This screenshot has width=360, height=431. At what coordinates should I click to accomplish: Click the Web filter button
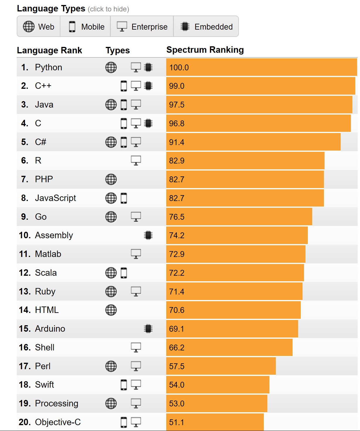pyautogui.click(x=39, y=27)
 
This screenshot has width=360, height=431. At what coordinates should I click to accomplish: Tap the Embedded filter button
pyautogui.click(x=206, y=27)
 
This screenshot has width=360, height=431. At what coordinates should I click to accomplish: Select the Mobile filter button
pyautogui.click(x=86, y=27)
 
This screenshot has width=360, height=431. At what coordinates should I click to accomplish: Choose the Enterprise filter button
pyautogui.click(x=142, y=27)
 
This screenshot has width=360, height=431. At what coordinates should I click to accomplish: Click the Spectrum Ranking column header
pyautogui.click(x=205, y=50)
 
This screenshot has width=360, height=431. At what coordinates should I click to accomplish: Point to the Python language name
pyautogui.click(x=48, y=67)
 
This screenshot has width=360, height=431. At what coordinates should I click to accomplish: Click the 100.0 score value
pyautogui.click(x=179, y=68)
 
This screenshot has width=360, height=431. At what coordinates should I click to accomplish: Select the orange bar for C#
pyautogui.click(x=253, y=142)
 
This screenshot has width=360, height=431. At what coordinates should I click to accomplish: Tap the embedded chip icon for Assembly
pyautogui.click(x=148, y=235)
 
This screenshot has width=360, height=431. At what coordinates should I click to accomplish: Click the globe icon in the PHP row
pyautogui.click(x=111, y=179)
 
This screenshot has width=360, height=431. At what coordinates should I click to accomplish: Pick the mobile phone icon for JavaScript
pyautogui.click(x=124, y=198)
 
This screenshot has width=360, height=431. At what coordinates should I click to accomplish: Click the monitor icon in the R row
pyautogui.click(x=136, y=161)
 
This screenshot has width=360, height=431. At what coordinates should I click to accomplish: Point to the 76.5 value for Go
pyautogui.click(x=176, y=217)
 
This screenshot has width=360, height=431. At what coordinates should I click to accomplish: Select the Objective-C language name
pyautogui.click(x=58, y=422)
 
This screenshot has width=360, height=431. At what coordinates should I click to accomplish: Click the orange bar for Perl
pyautogui.click(x=221, y=366)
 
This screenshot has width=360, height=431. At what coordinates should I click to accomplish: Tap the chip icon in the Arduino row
pyautogui.click(x=148, y=329)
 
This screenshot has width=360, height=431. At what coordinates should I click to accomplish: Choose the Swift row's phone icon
pyautogui.click(x=124, y=385)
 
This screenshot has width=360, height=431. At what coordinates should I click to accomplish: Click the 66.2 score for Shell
pyautogui.click(x=176, y=348)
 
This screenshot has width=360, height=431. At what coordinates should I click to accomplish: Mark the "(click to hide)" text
pyautogui.click(x=108, y=9)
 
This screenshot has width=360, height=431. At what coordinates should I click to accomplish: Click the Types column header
pyautogui.click(x=118, y=50)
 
